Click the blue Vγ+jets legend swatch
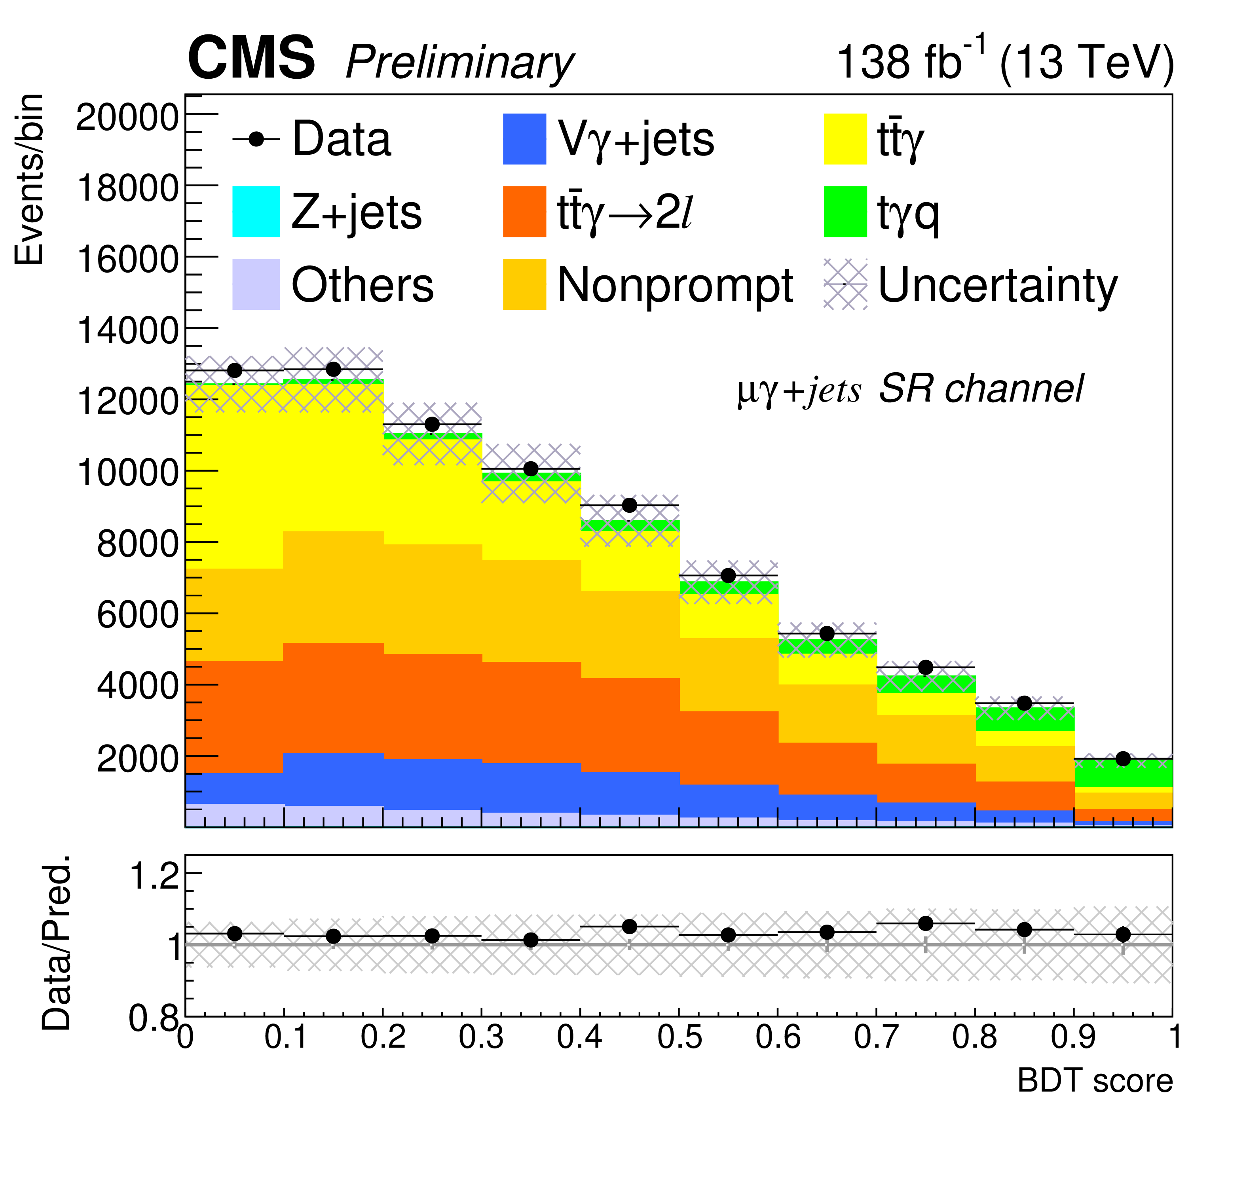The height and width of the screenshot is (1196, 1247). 524,139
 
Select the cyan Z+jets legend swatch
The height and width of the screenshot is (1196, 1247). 256,212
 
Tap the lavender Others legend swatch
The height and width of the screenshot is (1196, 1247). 256,284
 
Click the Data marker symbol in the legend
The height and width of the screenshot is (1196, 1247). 256,139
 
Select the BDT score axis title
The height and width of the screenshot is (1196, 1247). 1094,1082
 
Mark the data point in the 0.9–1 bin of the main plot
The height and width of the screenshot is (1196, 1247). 1123,758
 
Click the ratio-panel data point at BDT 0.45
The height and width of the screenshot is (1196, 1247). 629,926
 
